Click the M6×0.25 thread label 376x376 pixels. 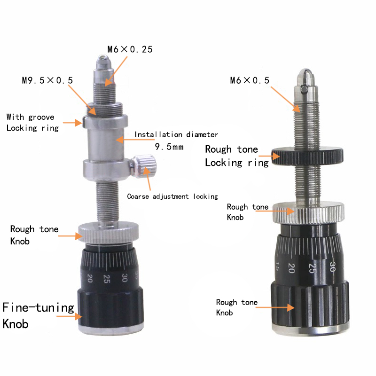[130, 49]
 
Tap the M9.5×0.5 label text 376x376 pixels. [47, 80]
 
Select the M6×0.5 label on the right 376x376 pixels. [250, 80]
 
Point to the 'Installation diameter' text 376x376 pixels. [176, 135]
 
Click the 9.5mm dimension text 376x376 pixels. [169, 147]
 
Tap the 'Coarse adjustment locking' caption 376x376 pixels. [172, 196]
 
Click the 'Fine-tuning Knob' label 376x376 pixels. [38, 315]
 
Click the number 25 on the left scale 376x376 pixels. [107, 278]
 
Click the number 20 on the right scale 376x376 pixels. [291, 268]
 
